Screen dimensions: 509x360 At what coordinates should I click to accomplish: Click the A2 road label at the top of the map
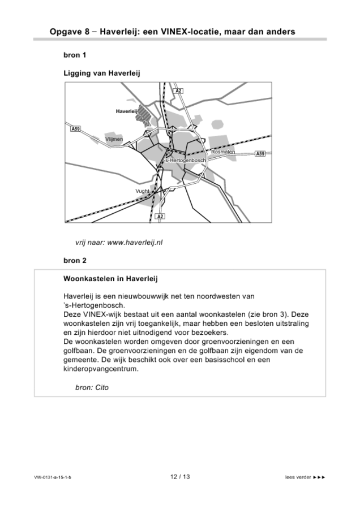pyautogui.click(x=178, y=90)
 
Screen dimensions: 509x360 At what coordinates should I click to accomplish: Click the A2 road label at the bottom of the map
pyautogui.click(x=160, y=217)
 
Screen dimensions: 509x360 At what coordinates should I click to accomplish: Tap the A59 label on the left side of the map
pyautogui.click(x=75, y=129)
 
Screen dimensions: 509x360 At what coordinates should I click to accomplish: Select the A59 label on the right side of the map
pyautogui.click(x=260, y=154)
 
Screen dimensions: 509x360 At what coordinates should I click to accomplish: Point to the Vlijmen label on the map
pyautogui.click(x=114, y=139)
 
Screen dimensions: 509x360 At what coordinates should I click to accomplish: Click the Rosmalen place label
pyautogui.click(x=223, y=152)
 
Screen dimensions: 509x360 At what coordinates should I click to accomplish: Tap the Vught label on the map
pyautogui.click(x=142, y=191)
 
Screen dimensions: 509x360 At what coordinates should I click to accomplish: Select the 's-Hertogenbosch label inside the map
pyautogui.click(x=185, y=161)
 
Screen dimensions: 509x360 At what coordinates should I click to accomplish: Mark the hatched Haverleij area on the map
pyautogui.click(x=145, y=119)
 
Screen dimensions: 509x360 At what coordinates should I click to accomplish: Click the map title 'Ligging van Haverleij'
pyautogui.click(x=101, y=73)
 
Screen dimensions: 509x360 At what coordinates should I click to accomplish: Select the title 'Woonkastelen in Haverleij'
pyautogui.click(x=110, y=279)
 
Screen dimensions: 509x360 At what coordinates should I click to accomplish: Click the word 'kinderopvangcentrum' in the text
pyautogui.click(x=101, y=369)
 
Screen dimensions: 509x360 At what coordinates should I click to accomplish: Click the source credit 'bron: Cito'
pyautogui.click(x=91, y=387)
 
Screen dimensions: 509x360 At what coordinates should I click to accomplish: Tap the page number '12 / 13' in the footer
pyautogui.click(x=180, y=477)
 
